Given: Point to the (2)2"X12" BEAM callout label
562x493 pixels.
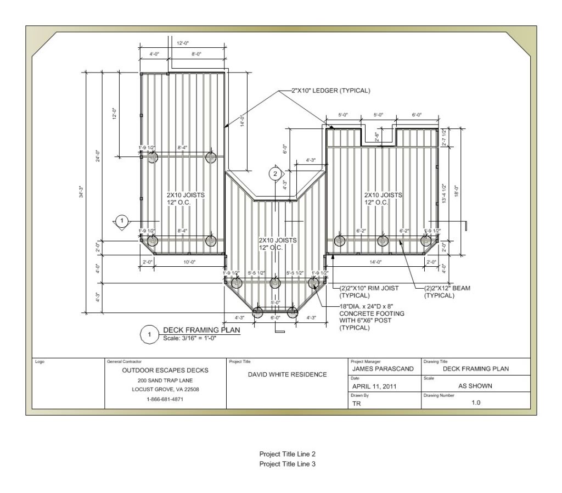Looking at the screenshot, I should [447, 291].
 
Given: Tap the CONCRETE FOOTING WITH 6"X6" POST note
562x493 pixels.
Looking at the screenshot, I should [372, 317].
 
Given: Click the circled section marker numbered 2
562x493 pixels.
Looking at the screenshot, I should [275, 174].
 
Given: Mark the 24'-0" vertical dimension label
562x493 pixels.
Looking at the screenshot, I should [97, 156].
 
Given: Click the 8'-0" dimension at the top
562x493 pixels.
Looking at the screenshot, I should [196, 54].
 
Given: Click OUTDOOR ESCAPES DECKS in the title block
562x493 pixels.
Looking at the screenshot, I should [165, 370].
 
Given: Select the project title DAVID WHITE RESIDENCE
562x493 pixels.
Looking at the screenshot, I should [287, 374].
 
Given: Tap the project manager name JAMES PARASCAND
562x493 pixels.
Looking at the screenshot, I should [383, 369].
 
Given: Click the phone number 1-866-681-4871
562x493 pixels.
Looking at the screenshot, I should [165, 399].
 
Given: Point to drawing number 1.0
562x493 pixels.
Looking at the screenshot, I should [475, 402].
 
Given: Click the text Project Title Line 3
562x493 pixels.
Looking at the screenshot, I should [287, 464].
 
